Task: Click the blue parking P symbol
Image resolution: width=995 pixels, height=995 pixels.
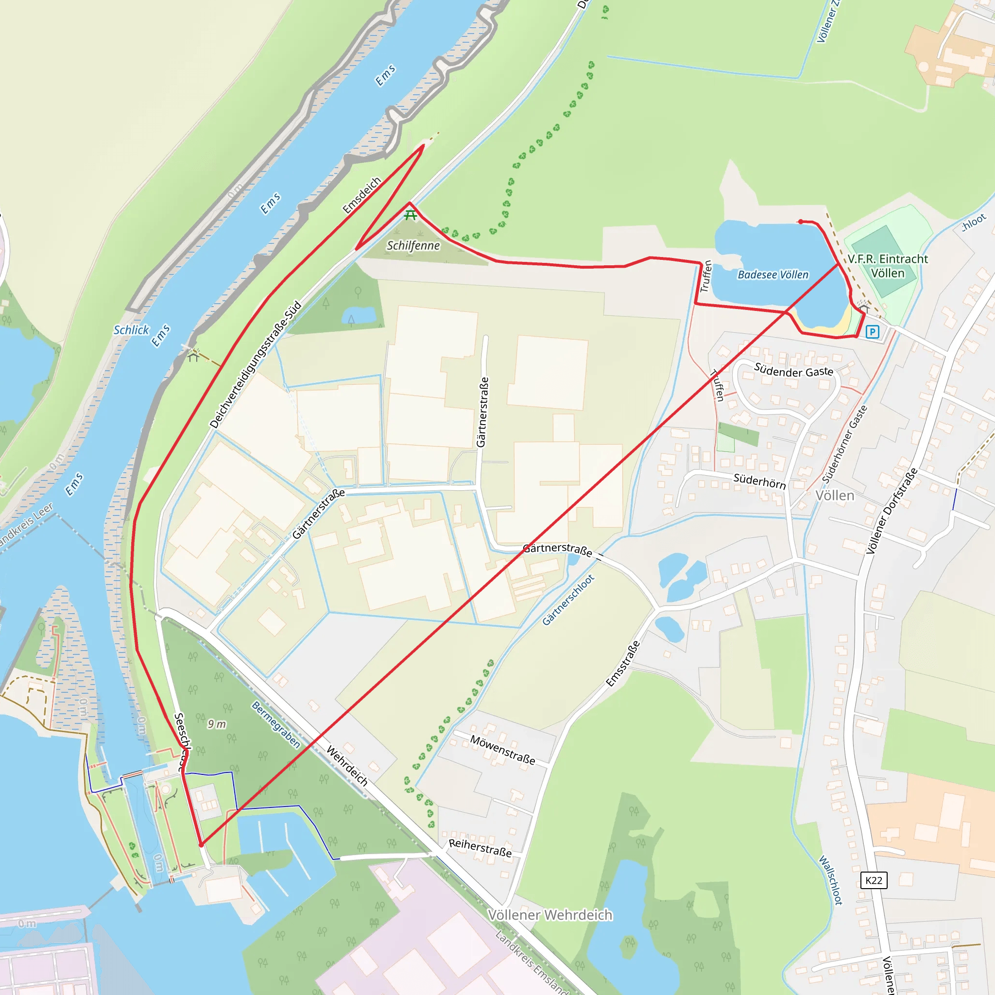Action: coord(872,332)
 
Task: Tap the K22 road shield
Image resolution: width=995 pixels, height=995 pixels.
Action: coord(874,880)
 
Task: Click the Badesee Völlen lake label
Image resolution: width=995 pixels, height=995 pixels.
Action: coord(772,275)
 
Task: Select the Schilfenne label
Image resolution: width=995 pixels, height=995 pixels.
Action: coord(413,246)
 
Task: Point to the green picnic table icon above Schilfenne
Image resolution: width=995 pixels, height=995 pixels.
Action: coord(411,215)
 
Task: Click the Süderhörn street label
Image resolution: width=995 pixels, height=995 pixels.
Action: coord(759,481)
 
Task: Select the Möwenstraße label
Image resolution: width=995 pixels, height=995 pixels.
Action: coord(503,750)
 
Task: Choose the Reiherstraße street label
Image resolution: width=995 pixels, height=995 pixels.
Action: coord(480,848)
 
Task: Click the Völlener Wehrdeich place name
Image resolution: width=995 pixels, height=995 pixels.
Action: coord(550,915)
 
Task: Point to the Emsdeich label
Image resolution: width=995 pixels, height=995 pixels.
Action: coord(362,195)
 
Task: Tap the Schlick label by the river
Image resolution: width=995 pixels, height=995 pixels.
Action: coord(131,330)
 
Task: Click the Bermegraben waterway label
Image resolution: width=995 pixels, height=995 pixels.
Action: coord(275,724)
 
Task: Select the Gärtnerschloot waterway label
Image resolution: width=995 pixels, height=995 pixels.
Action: coord(568,600)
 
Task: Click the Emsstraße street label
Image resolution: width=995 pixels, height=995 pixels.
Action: coord(623,664)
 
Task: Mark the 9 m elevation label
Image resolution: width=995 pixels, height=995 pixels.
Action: coord(217,724)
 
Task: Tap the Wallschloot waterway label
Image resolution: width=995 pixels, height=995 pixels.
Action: coord(830,880)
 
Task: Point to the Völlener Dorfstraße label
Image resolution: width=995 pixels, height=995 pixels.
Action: coord(892,511)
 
